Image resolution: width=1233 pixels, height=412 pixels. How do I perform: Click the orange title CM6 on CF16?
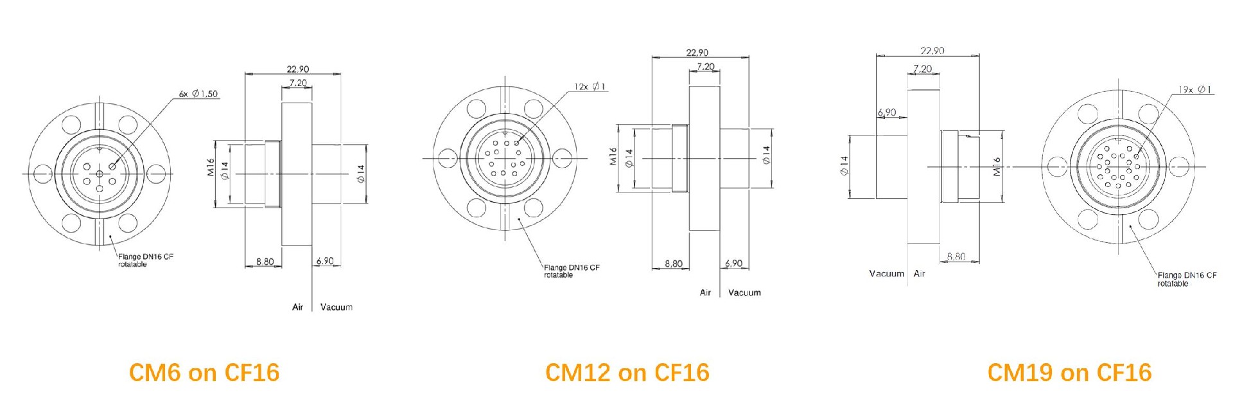pos(204,373)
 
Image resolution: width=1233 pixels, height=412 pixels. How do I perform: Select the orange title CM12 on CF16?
pos(627,373)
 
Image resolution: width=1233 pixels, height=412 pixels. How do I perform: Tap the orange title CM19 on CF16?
pos(1069,373)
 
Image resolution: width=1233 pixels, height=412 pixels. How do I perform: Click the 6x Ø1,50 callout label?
pos(198,94)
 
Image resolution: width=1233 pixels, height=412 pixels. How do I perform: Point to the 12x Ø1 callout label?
pos(590,86)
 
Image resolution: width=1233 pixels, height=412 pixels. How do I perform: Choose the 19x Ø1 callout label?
pos(1194,90)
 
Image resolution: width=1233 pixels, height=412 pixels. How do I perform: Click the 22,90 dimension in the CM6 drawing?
pos(297,69)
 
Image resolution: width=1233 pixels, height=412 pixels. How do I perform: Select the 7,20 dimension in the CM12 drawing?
pos(705,66)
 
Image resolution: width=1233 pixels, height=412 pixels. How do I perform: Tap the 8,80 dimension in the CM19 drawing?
pos(956,256)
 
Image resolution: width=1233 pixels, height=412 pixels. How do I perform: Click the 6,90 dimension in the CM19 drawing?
pos(886,112)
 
